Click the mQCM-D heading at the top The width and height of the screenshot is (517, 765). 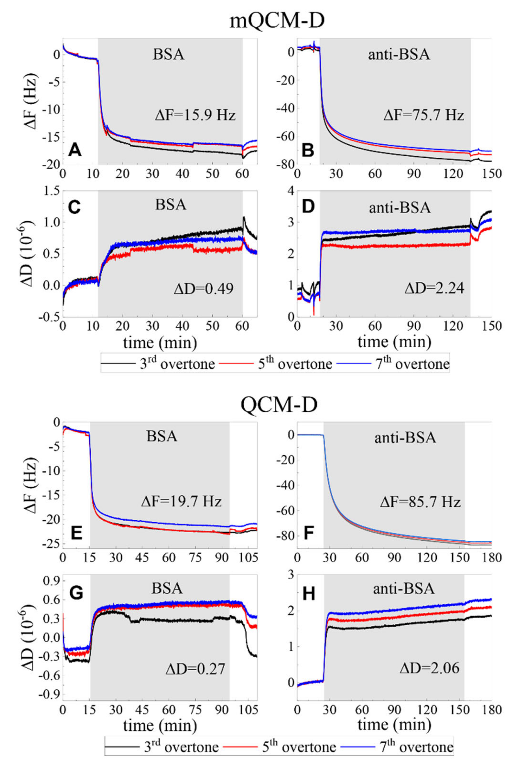[x=277, y=22]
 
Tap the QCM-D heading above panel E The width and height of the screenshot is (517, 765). [x=279, y=405]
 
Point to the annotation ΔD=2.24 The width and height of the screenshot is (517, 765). [x=434, y=289]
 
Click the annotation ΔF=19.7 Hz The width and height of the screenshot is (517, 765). [x=181, y=502]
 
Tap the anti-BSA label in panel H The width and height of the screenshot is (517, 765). [x=404, y=589]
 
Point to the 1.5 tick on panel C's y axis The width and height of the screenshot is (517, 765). [x=50, y=191]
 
